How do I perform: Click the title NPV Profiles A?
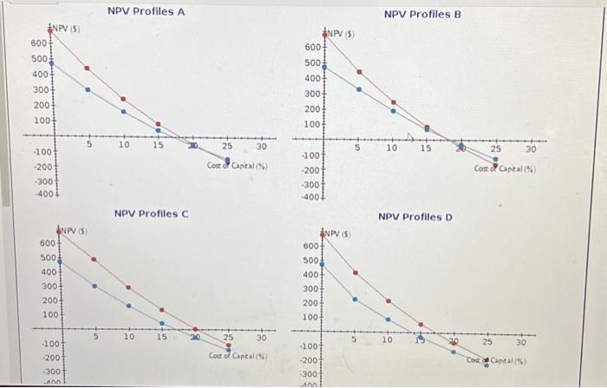146,11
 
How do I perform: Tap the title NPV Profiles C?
152,213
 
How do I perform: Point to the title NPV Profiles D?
417,215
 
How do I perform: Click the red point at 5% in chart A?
87,69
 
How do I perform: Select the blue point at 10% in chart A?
122,111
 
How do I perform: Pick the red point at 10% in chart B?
393,102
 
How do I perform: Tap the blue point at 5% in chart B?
360,89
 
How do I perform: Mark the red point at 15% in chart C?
162,310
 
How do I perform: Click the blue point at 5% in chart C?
95,286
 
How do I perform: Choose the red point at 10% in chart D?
388,302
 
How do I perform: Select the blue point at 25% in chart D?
486,365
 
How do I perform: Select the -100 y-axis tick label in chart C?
39,345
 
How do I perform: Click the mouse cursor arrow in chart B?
413,137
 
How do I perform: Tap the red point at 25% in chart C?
229,345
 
